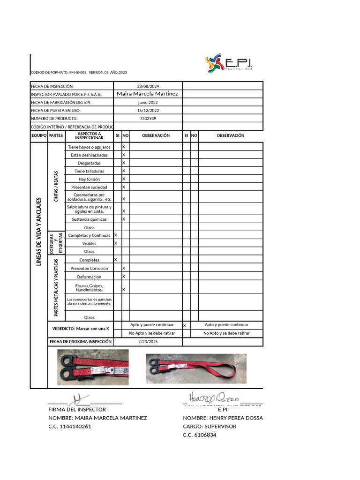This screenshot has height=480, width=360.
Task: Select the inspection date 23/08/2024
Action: [x=148, y=86]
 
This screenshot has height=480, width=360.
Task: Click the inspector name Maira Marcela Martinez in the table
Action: [x=147, y=94]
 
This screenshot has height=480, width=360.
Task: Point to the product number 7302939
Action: [x=148, y=119]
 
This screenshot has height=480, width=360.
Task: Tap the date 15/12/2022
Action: [x=148, y=111]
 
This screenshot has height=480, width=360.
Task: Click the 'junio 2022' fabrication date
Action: [x=148, y=102]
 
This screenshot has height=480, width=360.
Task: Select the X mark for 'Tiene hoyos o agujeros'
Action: [x=124, y=147]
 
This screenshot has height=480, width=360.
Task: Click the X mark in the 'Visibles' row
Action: [x=115, y=243]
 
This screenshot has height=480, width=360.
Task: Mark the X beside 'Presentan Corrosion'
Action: [x=124, y=268]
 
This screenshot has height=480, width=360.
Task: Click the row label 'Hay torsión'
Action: [x=89, y=179]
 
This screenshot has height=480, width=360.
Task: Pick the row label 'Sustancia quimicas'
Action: [x=89, y=219]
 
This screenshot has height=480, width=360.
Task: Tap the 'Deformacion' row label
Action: [x=89, y=277]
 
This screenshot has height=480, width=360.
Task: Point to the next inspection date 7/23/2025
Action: [x=148, y=342]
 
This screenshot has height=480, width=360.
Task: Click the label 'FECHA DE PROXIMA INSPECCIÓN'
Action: [x=81, y=342]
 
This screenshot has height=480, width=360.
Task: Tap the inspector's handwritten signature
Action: [x=79, y=400]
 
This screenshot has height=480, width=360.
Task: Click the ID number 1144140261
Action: [x=69, y=427]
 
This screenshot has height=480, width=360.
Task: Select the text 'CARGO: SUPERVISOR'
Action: [x=210, y=427]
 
